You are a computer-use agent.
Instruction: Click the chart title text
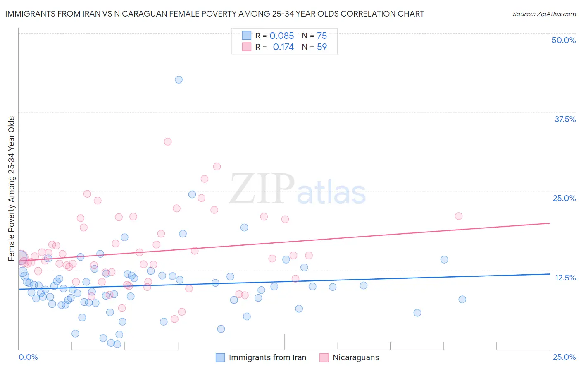pyautogui.click(x=214, y=14)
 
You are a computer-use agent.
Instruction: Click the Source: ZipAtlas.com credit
pyautogui.click(x=544, y=14)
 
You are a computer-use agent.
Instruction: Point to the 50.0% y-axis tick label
pyautogui.click(x=564, y=40)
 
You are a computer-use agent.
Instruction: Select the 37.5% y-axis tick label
pyautogui.click(x=565, y=119)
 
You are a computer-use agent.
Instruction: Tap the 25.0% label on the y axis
pyautogui.click(x=564, y=198)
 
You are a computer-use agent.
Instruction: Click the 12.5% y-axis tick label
pyautogui.click(x=565, y=278)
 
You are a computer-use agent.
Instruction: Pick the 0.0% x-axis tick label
pyautogui.click(x=28, y=357)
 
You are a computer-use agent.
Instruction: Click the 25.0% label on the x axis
pyautogui.click(x=564, y=357)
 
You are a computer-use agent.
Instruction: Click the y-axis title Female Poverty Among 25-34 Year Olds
pyautogui.click(x=12, y=189)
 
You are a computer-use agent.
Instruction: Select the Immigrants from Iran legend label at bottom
pyautogui.click(x=267, y=357)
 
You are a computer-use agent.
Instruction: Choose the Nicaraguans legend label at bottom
pyautogui.click(x=356, y=357)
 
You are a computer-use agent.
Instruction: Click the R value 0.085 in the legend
pyautogui.click(x=281, y=36)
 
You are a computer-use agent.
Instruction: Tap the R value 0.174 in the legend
pyautogui.click(x=283, y=47)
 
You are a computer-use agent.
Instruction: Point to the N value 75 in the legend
pyautogui.click(x=322, y=36)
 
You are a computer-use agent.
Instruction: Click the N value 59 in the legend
pyautogui.click(x=322, y=47)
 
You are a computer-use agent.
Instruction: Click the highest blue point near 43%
pyautogui.click(x=179, y=79)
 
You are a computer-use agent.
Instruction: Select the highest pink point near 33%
pyautogui.click(x=168, y=141)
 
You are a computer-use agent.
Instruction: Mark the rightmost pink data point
pyautogui.click(x=458, y=216)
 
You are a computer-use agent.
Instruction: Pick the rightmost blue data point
pyautogui.click(x=462, y=300)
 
